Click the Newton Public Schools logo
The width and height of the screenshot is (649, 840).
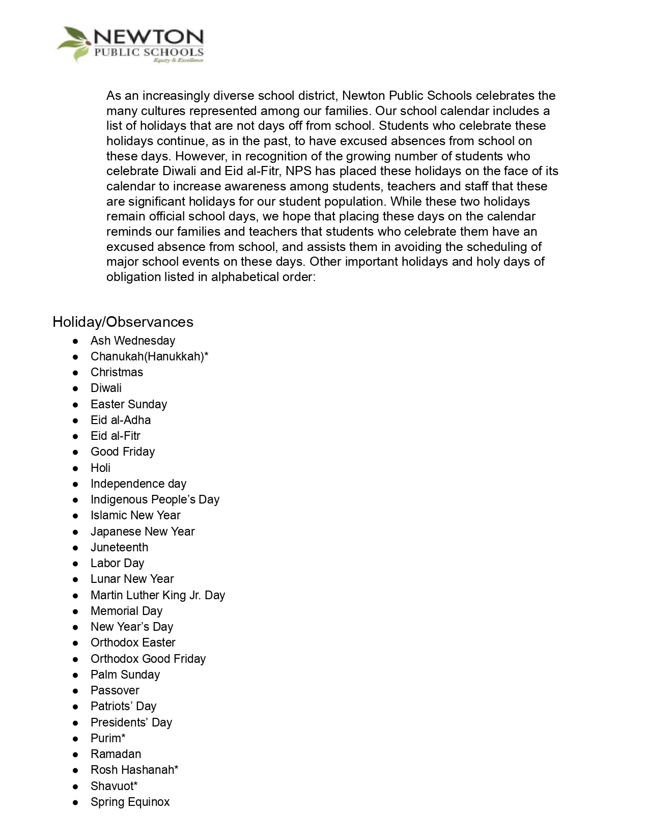130,45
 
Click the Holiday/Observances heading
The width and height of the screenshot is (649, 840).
123,322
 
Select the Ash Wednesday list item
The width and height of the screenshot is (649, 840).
132,341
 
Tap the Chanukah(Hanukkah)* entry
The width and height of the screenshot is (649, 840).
149,356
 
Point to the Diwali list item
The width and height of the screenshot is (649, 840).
106,388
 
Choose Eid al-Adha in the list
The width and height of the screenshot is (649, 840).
121,420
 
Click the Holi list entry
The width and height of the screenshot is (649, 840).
100,468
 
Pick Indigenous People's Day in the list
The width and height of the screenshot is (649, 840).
155,499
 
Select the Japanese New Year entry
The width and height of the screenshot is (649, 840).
143,531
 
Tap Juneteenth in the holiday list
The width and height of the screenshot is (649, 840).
119,547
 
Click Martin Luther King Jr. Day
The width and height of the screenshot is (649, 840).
158,595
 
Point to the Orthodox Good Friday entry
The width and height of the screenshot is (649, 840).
148,659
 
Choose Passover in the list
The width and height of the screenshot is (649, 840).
115,690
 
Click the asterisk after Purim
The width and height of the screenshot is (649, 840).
123,737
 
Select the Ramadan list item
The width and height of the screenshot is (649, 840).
116,754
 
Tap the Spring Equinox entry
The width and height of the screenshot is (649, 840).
130,802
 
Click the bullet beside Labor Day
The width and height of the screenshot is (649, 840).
75,564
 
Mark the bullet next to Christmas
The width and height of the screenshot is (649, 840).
75,373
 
